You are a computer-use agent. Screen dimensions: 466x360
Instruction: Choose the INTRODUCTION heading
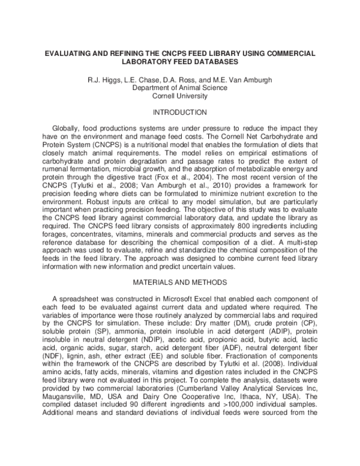point(180,112)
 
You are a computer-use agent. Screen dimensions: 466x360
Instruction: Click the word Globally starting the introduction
point(68,129)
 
